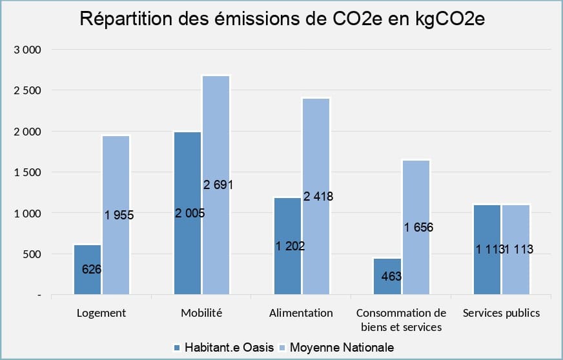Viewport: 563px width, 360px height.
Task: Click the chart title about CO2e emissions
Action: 281,19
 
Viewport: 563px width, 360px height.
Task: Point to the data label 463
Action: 391,277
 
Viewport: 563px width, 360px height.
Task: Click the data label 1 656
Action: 418,227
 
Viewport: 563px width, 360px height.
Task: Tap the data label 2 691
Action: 218,185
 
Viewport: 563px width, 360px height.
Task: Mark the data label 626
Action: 92,269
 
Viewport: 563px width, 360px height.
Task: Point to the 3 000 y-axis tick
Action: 27,50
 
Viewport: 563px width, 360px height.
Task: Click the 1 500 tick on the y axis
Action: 27,172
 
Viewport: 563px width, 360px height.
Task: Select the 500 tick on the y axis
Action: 31,254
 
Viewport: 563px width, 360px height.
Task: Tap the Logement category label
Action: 101,313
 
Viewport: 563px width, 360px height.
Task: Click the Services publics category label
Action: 502,313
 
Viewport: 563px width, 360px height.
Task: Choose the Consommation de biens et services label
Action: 401,319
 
